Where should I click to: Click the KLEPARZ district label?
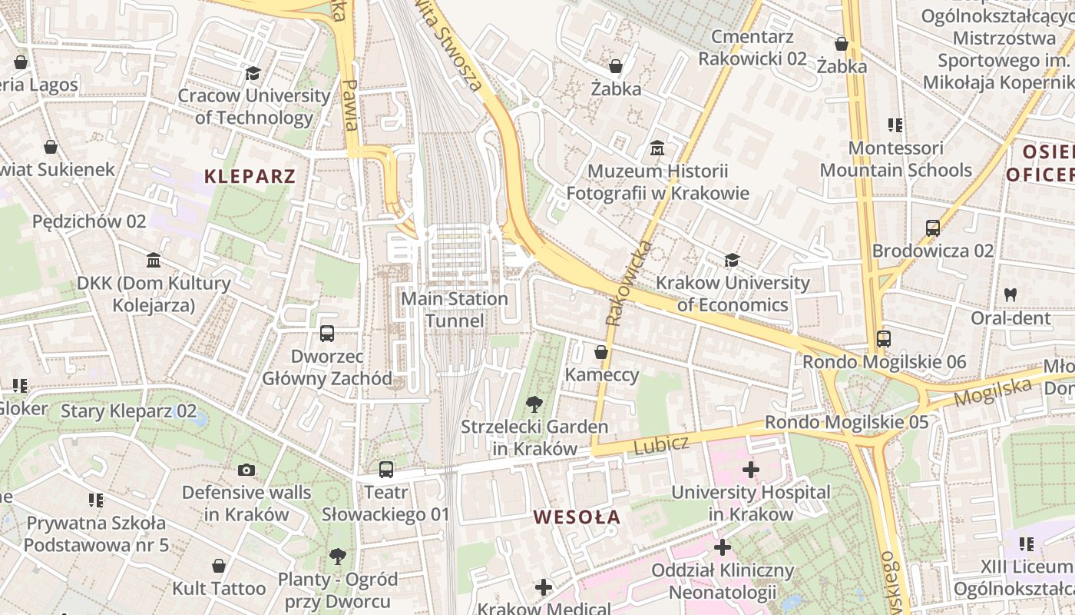pyautogui.click(x=250, y=176)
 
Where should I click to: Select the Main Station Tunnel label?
pyautogui.click(x=455, y=309)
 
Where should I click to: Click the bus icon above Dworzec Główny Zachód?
pyautogui.click(x=327, y=334)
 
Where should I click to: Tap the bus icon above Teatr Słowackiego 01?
pyautogui.click(x=386, y=469)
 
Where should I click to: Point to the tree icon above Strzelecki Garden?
pyautogui.click(x=534, y=404)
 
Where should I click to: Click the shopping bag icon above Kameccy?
pyautogui.click(x=601, y=352)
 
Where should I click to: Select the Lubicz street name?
pyautogui.click(x=661, y=444)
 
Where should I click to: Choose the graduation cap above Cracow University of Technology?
pyautogui.click(x=253, y=74)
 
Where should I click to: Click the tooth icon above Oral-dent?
pyautogui.click(x=1011, y=294)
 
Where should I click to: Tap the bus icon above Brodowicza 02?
pyautogui.click(x=933, y=228)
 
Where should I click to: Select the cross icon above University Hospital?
pyautogui.click(x=751, y=469)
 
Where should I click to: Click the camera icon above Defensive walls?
pyautogui.click(x=246, y=470)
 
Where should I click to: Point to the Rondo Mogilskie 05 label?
pyautogui.click(x=846, y=422)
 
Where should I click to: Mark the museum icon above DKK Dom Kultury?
pyautogui.click(x=154, y=261)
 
